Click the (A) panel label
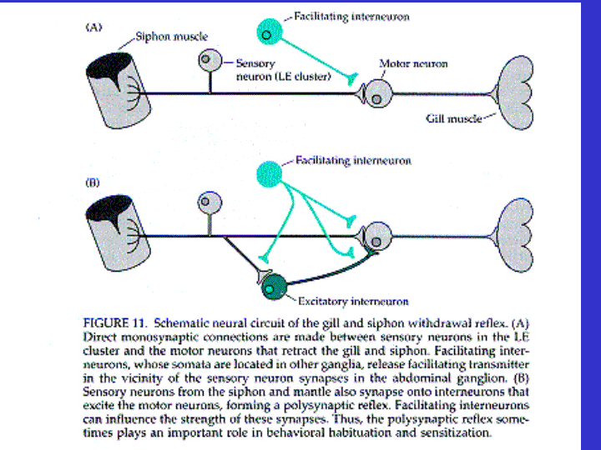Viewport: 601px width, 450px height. coord(94,27)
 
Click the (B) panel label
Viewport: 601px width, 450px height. coord(94,178)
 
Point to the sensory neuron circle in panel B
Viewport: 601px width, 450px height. coord(205,202)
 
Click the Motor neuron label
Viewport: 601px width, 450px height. coord(412,63)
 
